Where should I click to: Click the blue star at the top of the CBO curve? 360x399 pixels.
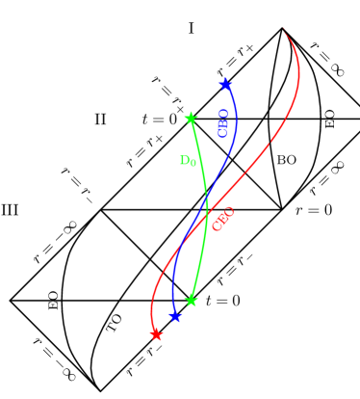coord(224,84)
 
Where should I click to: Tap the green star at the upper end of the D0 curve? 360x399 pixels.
coord(191,119)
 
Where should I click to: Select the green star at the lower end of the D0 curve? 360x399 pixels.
coord(191,301)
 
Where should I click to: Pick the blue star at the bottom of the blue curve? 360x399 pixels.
coord(175,317)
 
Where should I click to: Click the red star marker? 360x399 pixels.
coord(157,335)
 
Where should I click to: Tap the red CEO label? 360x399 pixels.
coord(223,219)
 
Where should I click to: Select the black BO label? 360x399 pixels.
coord(287,160)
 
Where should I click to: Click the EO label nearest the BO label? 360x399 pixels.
coord(330,120)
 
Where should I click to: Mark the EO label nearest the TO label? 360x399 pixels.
coord(54,300)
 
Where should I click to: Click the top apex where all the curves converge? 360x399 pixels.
coord(283,29)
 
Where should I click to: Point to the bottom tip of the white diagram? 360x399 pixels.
coord(99,390)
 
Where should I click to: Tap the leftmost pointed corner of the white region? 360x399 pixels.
coord(12,301)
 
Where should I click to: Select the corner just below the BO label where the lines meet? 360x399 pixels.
coord(281,209)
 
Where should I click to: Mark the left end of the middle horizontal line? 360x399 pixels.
coord(100,209)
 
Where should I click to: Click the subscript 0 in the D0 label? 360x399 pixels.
coord(193,164)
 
